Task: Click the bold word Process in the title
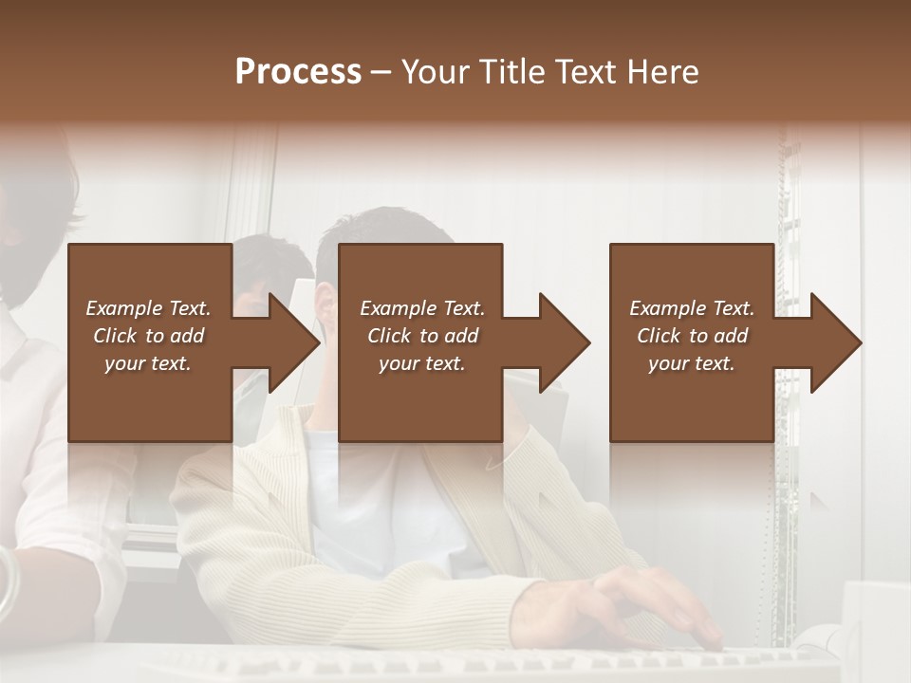pyautogui.click(x=298, y=72)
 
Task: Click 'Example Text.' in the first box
pyautogui.click(x=148, y=308)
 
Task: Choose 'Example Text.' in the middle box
pyautogui.click(x=422, y=308)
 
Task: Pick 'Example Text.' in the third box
pyautogui.click(x=692, y=308)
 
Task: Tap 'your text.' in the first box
pyautogui.click(x=148, y=363)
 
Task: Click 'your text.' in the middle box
pyautogui.click(x=422, y=363)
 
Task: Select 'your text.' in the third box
pyautogui.click(x=692, y=363)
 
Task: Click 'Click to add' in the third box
pyautogui.click(x=692, y=336)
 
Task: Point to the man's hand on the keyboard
pyautogui.click(x=645, y=607)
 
